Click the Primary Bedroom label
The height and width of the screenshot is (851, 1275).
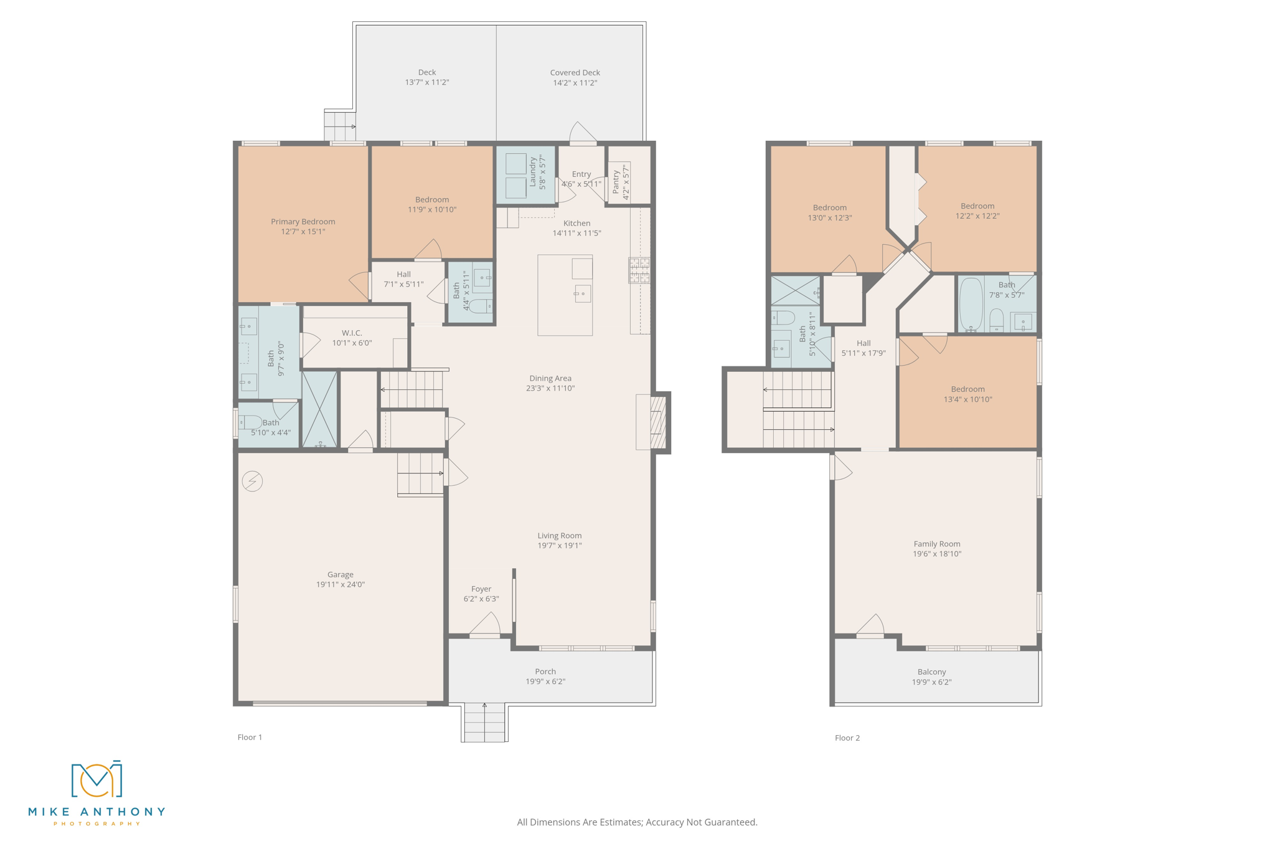[303, 222]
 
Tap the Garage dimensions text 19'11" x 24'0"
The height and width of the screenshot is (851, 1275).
[340, 585]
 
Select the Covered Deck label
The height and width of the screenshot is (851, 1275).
[575, 73]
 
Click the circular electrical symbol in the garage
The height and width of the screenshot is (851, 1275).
[252, 481]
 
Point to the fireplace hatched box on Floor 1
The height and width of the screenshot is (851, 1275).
[657, 422]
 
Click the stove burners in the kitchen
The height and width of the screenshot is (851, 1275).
[639, 270]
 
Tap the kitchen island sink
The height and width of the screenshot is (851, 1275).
[583, 293]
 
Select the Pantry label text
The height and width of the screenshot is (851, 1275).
[616, 182]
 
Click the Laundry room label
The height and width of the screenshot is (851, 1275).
[533, 172]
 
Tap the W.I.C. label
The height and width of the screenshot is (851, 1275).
[352, 333]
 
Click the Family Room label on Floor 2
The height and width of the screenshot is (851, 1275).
[937, 544]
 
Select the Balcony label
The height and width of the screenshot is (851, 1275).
[931, 672]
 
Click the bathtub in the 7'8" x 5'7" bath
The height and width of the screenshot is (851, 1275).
[971, 304]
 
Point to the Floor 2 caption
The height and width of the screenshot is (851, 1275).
[847, 738]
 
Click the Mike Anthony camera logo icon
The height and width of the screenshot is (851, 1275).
[96, 779]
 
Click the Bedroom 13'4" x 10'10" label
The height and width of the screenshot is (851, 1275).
[967, 389]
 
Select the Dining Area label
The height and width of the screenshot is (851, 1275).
[550, 378]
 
